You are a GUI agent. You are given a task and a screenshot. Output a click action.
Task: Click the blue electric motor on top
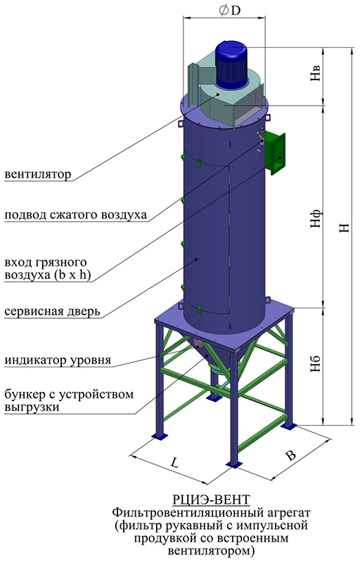[231, 65]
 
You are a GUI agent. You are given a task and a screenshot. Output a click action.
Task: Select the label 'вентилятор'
[38, 174]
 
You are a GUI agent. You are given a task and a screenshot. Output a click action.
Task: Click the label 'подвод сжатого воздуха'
[76, 215]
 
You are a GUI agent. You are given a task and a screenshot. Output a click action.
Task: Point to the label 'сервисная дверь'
[52, 311]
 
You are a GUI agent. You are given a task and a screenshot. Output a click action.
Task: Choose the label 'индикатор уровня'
[58, 360]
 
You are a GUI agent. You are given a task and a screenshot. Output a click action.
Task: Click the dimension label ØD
[229, 11]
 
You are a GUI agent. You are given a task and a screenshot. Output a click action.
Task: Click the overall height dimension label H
[345, 228]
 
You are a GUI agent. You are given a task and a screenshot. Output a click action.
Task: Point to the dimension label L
[174, 462]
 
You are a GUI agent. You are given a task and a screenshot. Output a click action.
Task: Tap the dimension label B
[291, 455]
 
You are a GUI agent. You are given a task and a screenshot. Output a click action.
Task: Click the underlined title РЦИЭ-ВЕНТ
[211, 499]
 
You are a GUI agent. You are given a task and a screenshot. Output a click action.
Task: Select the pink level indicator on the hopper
[198, 344]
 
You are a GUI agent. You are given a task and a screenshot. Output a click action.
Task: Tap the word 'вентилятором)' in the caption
[211, 550]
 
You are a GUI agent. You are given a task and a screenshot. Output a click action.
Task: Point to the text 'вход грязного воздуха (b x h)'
[47, 269]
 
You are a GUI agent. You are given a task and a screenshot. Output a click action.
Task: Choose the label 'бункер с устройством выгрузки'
[69, 400]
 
